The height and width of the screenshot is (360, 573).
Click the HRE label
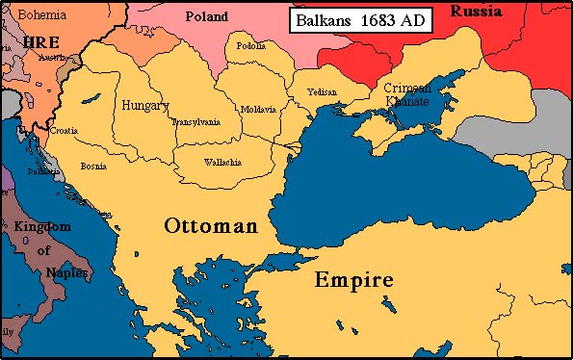[41, 43]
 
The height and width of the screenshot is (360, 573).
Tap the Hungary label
[145, 105]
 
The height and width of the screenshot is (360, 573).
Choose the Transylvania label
[195, 122]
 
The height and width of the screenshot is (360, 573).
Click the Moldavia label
[258, 109]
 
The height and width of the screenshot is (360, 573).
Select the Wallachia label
[223, 161]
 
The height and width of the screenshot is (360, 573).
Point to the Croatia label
[65, 130]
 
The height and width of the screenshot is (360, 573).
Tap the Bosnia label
[93, 167]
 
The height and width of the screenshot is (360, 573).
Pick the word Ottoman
[211, 226]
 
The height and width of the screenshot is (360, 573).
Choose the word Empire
[353, 280]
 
